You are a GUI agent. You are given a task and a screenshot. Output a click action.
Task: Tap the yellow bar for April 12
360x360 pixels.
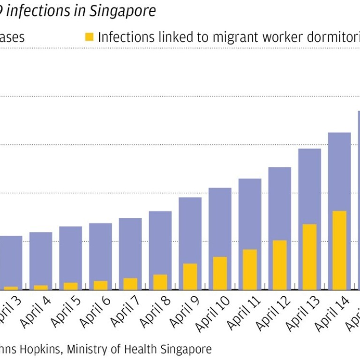[x=279, y=265]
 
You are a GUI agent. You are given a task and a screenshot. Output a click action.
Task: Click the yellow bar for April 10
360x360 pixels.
[x=220, y=273]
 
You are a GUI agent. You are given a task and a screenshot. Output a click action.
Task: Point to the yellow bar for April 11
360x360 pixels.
[x=250, y=269]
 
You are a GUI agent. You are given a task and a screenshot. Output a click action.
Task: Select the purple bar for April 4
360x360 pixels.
[x=41, y=258]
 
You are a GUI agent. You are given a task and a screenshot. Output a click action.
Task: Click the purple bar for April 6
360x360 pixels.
[x=100, y=251]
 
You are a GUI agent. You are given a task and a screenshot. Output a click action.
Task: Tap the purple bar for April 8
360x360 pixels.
[x=160, y=241]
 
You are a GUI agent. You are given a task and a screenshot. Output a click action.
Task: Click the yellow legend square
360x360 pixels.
[x=89, y=37]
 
